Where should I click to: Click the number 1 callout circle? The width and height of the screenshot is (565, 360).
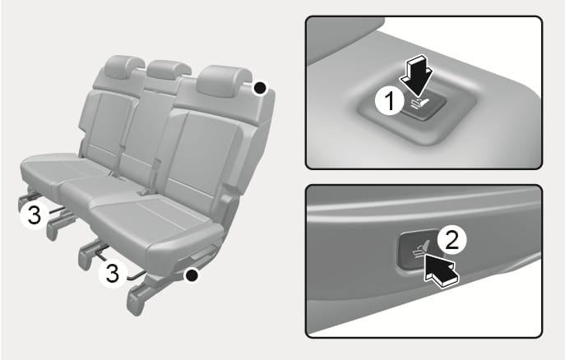click(x=390, y=101)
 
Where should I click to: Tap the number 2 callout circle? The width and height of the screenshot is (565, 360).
click(x=452, y=240)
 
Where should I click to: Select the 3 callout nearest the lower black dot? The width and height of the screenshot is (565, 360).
click(x=113, y=273)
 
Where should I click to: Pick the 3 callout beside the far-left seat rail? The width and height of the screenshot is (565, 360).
click(x=35, y=215)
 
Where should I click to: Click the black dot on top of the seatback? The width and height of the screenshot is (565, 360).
click(x=260, y=87)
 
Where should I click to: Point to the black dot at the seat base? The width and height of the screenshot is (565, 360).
click(x=192, y=275)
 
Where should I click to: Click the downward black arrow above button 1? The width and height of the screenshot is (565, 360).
click(x=417, y=76)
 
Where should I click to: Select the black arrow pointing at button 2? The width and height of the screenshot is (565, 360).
click(x=441, y=269)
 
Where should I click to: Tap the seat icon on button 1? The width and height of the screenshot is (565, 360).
click(x=420, y=104)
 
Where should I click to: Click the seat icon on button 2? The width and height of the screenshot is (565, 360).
click(x=420, y=251)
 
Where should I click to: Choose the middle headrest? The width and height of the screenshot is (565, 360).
click(x=168, y=70)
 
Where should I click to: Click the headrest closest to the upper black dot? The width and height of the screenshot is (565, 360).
click(x=224, y=81)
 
